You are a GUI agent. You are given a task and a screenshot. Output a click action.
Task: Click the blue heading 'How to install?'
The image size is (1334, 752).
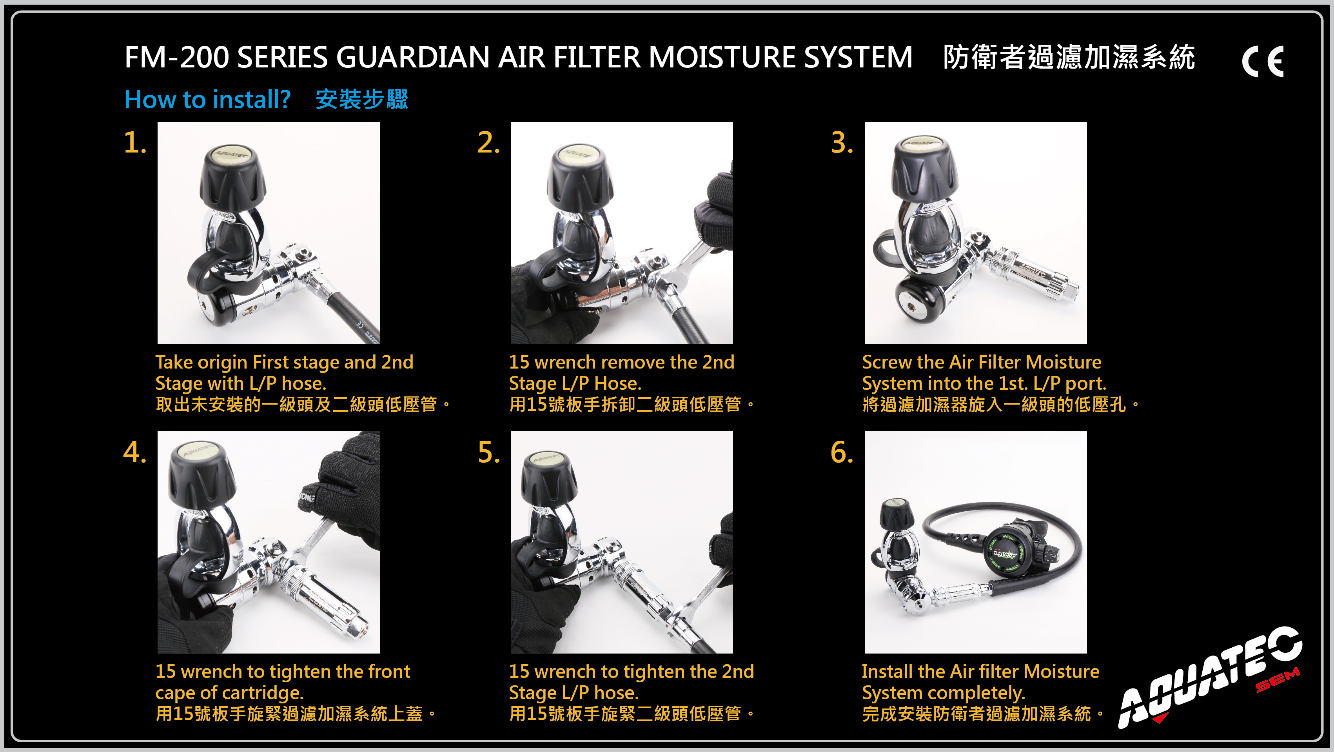click(207, 100)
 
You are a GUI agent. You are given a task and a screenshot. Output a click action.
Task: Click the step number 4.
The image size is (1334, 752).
click(134, 452)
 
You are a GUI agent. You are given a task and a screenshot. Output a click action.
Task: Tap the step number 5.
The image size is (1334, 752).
click(488, 452)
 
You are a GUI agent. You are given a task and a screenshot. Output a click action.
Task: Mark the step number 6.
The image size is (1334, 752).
click(842, 452)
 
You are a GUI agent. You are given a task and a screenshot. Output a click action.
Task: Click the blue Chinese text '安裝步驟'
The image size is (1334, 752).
click(362, 100)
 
